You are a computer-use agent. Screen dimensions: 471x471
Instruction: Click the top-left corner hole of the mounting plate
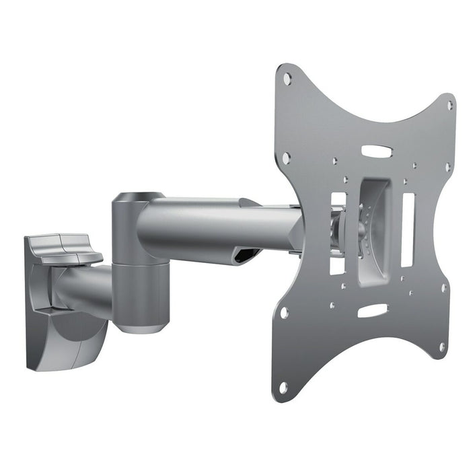pos(287,79)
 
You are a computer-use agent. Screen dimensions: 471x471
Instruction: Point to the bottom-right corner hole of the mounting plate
pos(442,347)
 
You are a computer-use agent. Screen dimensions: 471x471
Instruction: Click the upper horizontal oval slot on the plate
pos(376,151)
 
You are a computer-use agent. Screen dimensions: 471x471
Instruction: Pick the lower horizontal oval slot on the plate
pos(372,310)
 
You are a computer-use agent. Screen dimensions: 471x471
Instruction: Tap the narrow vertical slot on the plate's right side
pos(408,229)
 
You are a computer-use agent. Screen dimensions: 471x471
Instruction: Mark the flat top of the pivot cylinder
pos(137,197)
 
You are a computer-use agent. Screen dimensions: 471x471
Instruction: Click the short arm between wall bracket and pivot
pos(84,287)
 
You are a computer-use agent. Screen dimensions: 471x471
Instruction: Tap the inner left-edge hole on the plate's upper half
pos(286,158)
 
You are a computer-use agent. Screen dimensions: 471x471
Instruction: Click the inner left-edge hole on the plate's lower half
pos(284,313)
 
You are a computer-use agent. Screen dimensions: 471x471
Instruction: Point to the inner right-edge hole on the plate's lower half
pos(443,287)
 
